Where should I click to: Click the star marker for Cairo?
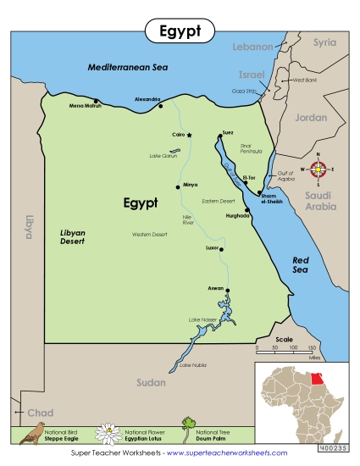(189, 135)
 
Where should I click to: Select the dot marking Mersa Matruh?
(107, 106)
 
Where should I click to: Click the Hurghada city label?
(238, 215)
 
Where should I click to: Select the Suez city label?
(227, 132)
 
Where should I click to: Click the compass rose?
(318, 169)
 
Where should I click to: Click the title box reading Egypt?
(180, 31)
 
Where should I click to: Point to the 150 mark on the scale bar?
(313, 348)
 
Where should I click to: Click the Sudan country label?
(149, 383)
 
